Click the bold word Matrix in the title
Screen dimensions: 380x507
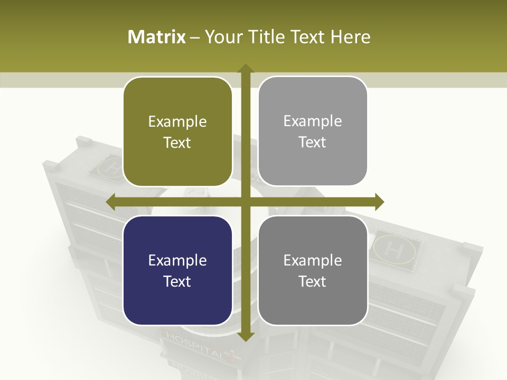point(157,37)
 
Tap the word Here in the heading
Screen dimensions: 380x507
point(350,37)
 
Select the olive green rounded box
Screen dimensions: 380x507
point(177,132)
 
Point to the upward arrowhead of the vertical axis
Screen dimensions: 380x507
point(245,69)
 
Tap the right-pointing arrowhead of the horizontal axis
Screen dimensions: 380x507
point(379,202)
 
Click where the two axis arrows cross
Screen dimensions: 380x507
point(245,202)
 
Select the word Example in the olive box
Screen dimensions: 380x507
point(177,122)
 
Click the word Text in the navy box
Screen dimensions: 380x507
point(177,281)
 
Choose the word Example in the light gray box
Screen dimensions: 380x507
point(313,121)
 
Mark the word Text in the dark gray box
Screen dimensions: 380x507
point(313,281)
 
